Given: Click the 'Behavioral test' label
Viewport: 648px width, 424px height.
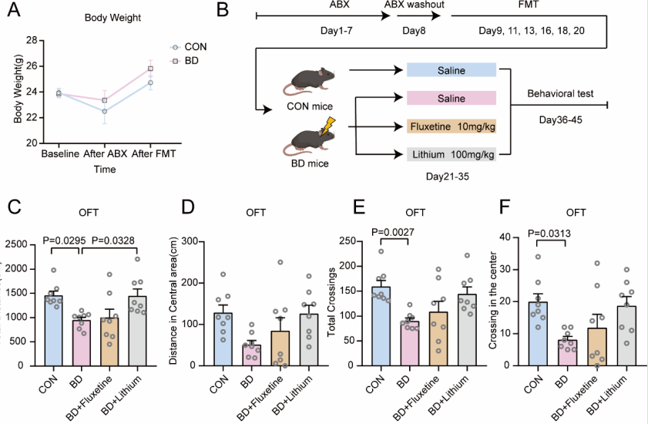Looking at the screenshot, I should [559, 94].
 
